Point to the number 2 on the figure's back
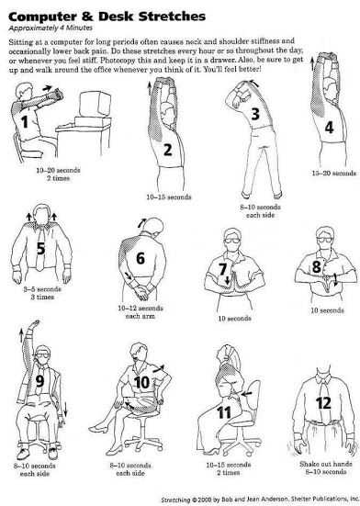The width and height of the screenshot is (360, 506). [167, 150]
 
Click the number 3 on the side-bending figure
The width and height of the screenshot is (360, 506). [256, 113]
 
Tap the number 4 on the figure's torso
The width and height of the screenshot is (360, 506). [329, 128]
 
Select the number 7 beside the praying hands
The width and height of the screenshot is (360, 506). [222, 269]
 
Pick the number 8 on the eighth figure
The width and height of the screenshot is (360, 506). [317, 266]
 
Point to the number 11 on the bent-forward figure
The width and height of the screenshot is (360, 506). [224, 411]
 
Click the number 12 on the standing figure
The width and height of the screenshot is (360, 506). [322, 401]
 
